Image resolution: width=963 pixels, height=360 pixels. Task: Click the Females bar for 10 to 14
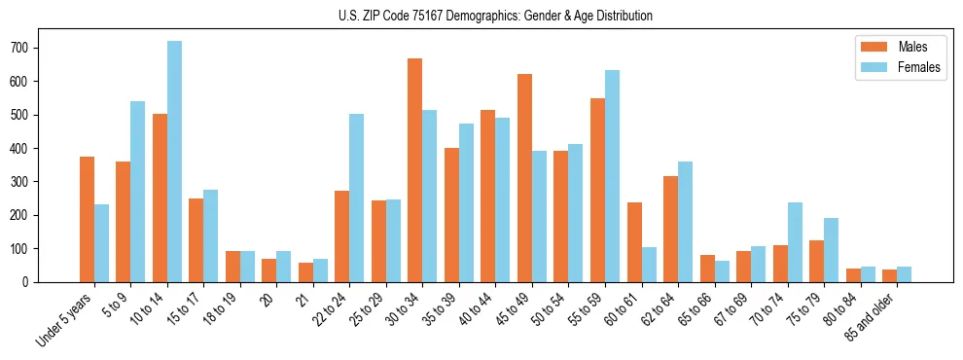tap(174, 162)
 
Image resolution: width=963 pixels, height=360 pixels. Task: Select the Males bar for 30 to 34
tap(415, 170)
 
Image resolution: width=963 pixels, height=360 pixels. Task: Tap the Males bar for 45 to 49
tap(524, 178)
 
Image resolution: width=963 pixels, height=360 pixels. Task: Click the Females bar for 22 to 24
tap(357, 198)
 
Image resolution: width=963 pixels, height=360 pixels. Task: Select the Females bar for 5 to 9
tap(138, 192)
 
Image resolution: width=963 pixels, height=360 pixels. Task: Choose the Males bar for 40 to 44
tap(488, 197)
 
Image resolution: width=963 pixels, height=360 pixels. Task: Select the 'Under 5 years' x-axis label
tap(66, 319)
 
